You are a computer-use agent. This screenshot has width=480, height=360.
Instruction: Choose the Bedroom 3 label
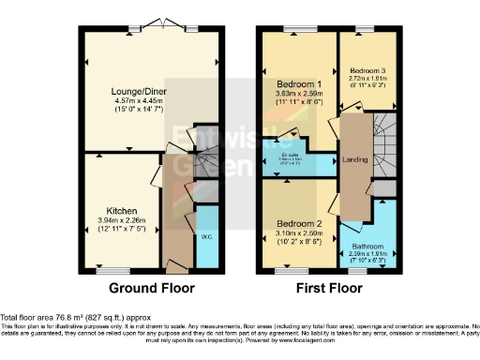tap(366, 70)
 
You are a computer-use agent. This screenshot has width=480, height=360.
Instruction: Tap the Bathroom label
tap(375, 245)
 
